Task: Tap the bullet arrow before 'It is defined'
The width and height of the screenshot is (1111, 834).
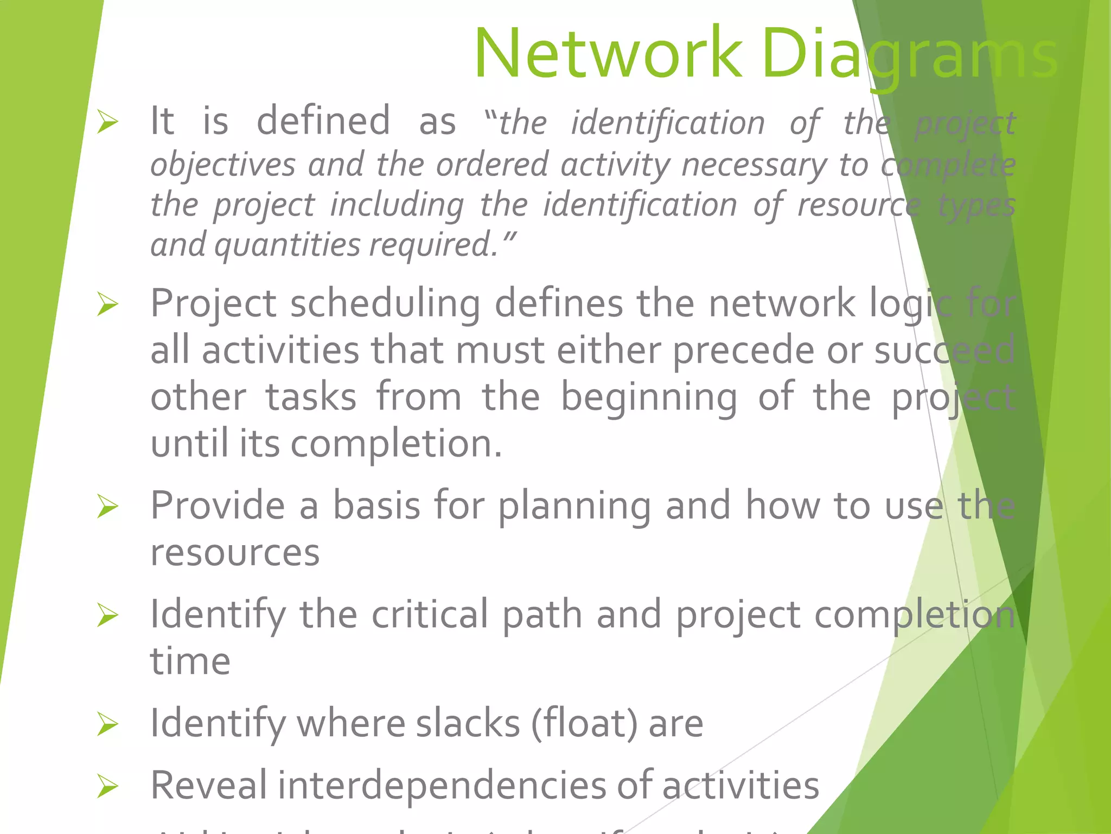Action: coord(107,122)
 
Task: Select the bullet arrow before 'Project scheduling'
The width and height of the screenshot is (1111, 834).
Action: coord(107,304)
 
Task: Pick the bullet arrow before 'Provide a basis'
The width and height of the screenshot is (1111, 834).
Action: coord(107,506)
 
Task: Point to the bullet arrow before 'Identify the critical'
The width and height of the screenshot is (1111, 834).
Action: coord(107,615)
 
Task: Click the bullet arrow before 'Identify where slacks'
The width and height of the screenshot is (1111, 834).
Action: coord(107,724)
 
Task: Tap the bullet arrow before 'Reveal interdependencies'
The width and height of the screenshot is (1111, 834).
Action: coord(107,786)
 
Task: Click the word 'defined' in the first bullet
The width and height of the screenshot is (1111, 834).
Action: coord(323,121)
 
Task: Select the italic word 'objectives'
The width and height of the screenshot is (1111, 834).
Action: coord(223,165)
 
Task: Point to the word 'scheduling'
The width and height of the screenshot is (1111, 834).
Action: coord(385,304)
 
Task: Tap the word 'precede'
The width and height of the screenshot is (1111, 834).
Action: coord(743,351)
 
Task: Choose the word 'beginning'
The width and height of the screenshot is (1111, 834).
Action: coord(648,397)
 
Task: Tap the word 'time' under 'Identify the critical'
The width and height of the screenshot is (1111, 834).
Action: coord(190,662)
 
